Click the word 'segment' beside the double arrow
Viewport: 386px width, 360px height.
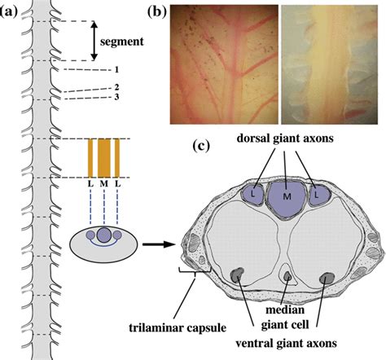click(x=122, y=42)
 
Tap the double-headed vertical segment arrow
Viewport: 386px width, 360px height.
click(x=94, y=41)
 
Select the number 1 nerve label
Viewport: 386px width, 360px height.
click(x=116, y=70)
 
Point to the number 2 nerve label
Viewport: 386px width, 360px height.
click(x=116, y=87)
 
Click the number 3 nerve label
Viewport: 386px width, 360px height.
click(x=116, y=97)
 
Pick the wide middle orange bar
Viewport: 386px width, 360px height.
click(x=104, y=158)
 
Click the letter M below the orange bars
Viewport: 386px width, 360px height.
click(x=104, y=184)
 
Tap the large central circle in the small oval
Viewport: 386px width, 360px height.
click(x=103, y=235)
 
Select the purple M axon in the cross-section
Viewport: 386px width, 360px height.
click(x=287, y=198)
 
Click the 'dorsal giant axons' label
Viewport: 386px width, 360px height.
click(x=285, y=138)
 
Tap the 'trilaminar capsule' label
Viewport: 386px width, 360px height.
click(x=178, y=328)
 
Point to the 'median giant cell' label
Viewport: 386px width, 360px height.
click(x=285, y=317)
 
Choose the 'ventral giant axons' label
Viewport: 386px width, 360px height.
click(x=286, y=343)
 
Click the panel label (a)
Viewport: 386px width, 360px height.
click(x=9, y=11)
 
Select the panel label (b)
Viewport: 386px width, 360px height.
click(x=156, y=11)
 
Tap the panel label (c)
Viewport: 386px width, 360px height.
click(x=201, y=146)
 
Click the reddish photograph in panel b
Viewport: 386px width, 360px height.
click(x=224, y=64)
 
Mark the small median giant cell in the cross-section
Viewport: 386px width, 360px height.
click(x=287, y=276)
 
